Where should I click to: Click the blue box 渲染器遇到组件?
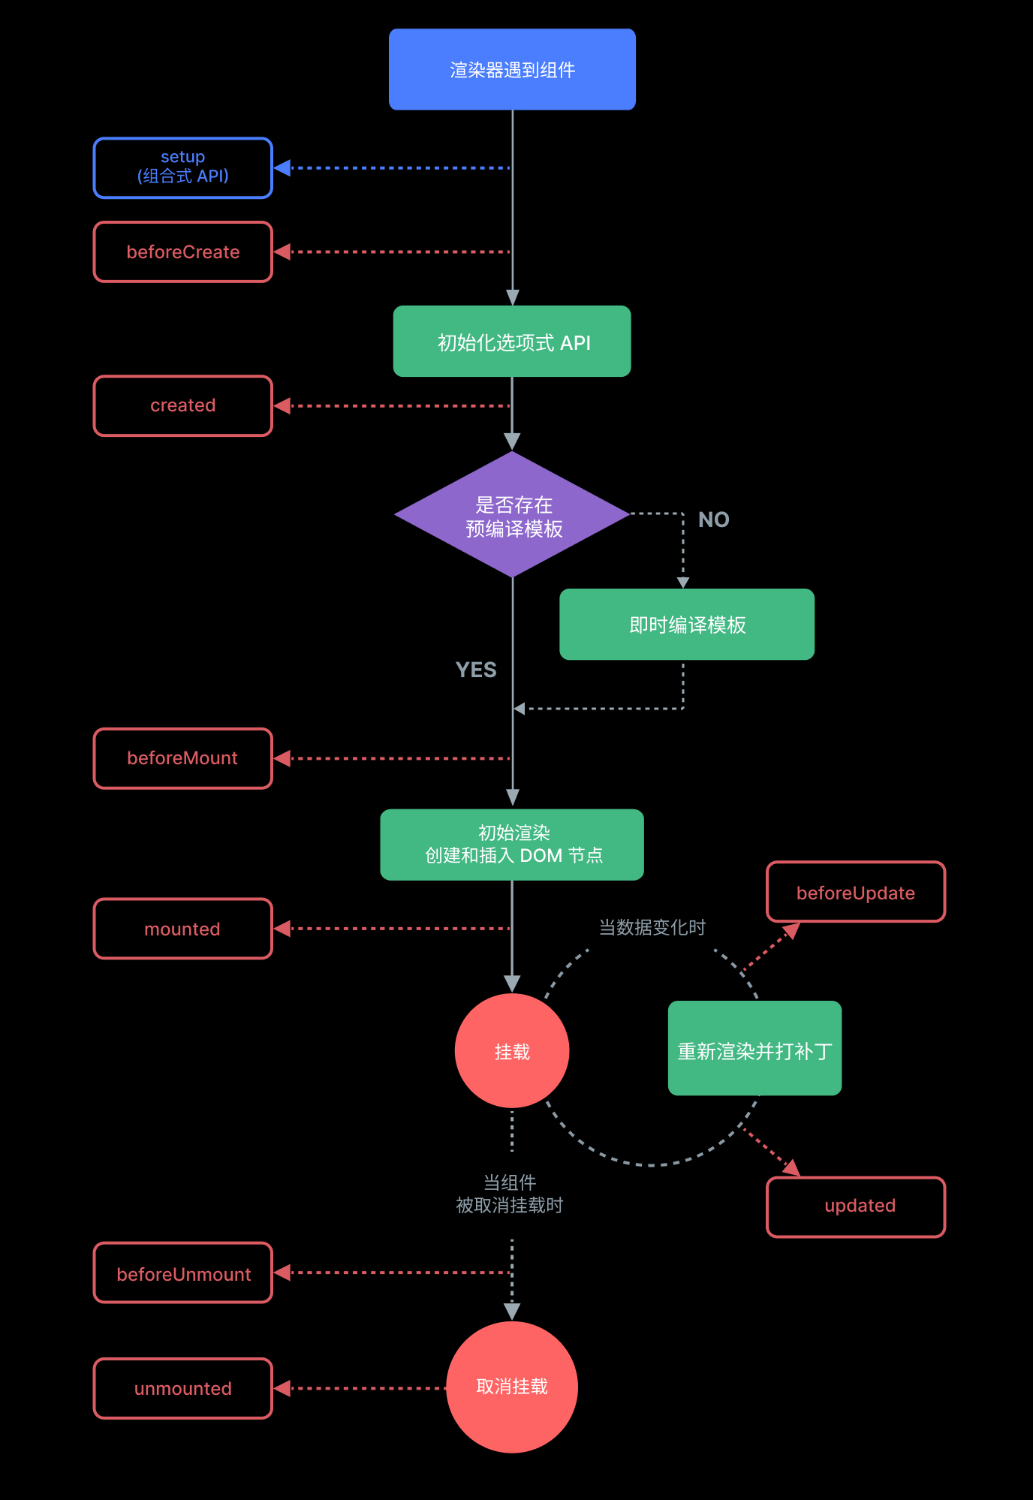(512, 70)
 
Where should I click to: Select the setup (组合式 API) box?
(182, 167)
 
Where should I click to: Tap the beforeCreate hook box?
(182, 252)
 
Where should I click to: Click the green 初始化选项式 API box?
(512, 342)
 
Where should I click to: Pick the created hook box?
(182, 405)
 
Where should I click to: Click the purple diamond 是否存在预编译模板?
(512, 515)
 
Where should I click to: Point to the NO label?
(713, 520)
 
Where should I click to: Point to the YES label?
(476, 670)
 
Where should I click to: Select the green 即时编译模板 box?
(687, 625)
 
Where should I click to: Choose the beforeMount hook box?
(182, 758)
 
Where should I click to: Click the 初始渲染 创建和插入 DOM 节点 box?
(512, 845)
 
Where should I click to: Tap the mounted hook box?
(182, 929)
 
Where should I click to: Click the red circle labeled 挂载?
(512, 1051)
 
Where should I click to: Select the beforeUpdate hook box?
(855, 892)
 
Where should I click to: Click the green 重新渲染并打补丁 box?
(754, 1049)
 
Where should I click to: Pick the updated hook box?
(855, 1206)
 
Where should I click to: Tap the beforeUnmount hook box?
(182, 1273)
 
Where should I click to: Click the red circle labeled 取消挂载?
(512, 1387)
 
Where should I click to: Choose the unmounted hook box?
(182, 1388)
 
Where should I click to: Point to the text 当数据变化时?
(652, 928)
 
